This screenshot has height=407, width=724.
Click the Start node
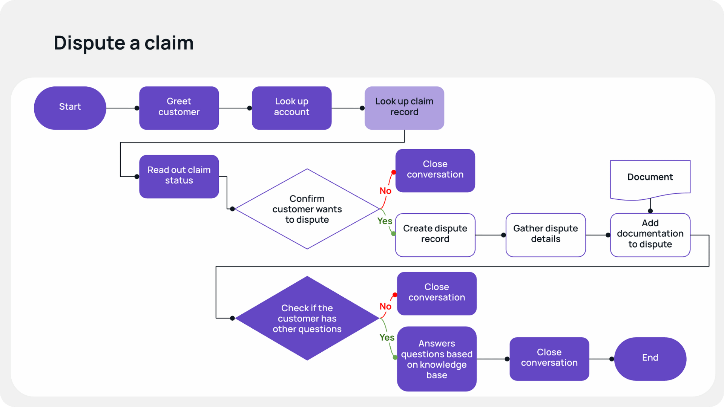click(x=70, y=108)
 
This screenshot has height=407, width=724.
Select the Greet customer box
click(x=179, y=108)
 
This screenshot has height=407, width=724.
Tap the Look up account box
click(x=291, y=108)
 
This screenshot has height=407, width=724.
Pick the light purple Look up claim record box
click(x=404, y=108)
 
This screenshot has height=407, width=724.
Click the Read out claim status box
click(x=179, y=176)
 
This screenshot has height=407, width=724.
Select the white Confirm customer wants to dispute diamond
click(x=307, y=209)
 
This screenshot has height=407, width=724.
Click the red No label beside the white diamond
click(x=385, y=191)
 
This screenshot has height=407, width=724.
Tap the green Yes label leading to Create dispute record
click(x=385, y=221)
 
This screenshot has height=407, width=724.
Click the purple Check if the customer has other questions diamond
click(x=307, y=318)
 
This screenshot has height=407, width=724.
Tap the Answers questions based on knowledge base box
click(x=437, y=359)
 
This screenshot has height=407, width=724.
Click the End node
click(x=650, y=358)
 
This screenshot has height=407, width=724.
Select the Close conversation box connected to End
click(x=549, y=358)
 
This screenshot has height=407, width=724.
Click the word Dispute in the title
click(x=89, y=43)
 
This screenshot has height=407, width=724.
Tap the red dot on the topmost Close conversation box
click(x=393, y=172)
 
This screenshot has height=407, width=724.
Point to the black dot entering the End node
click(x=612, y=359)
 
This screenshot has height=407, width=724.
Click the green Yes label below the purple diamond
click(x=387, y=337)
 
